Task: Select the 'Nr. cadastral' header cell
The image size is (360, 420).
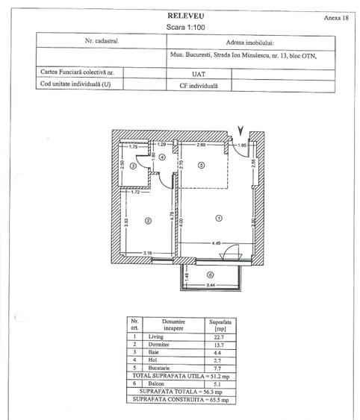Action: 102,43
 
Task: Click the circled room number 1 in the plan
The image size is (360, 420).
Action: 219,218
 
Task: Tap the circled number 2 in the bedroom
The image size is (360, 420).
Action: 149,220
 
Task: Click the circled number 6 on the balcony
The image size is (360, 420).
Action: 211,275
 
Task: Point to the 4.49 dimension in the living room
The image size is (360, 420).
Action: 218,242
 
